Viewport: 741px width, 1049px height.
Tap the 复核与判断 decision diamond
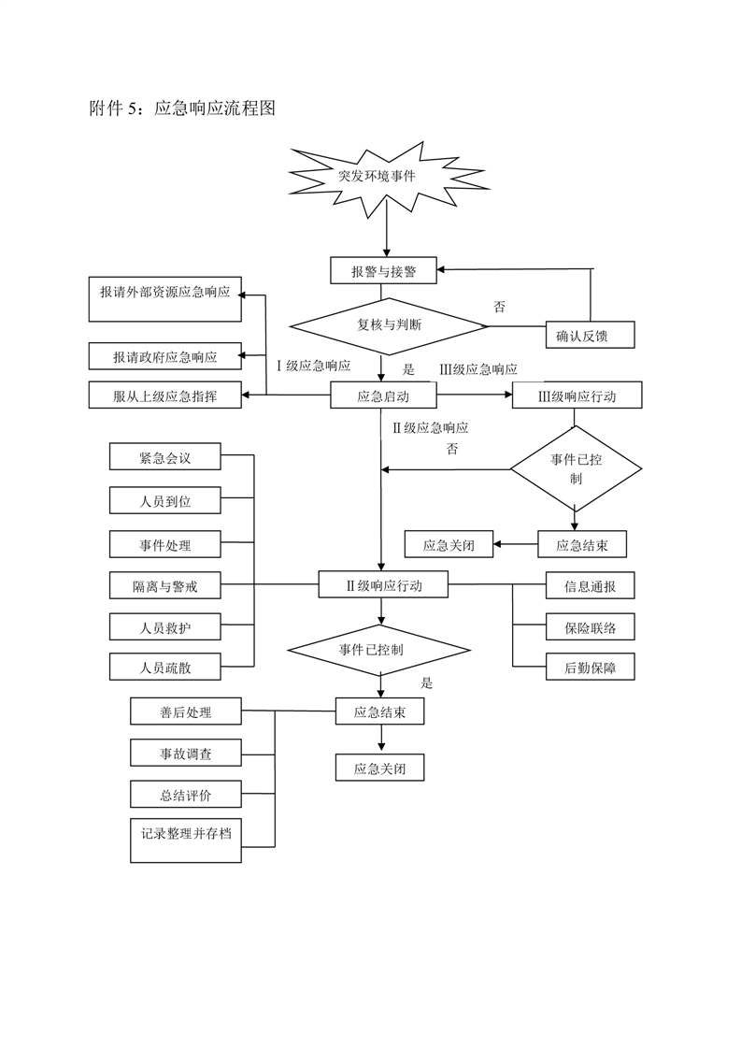click(389, 325)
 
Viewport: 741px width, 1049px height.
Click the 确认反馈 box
click(590, 336)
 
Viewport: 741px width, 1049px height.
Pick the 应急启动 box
click(383, 396)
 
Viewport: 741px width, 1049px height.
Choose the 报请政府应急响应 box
click(165, 356)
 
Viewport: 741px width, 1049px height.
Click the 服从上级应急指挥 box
click(165, 396)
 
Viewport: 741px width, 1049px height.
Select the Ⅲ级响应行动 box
click(577, 396)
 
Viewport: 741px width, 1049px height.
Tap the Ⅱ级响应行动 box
click(383, 586)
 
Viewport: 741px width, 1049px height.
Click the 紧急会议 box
click(164, 458)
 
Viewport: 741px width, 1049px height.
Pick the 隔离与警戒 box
click(164, 586)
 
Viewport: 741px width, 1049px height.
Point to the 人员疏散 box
click(164, 668)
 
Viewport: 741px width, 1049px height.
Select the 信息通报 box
click(590, 586)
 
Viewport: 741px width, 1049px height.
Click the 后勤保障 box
click(590, 668)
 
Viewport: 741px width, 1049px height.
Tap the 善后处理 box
click(185, 712)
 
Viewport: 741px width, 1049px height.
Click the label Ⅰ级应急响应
click(314, 366)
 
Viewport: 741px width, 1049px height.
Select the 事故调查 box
click(185, 753)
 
